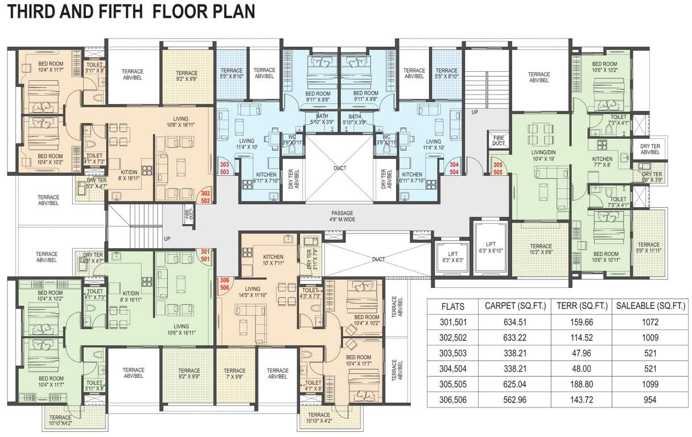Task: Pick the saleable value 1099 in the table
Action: click(x=650, y=384)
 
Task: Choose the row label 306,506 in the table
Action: click(x=453, y=400)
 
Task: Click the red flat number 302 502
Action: click(x=205, y=197)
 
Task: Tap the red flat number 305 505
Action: click(x=497, y=168)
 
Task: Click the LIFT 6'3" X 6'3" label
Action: click(x=449, y=257)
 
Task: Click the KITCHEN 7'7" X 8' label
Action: click(x=602, y=162)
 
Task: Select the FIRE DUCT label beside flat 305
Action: click(x=499, y=140)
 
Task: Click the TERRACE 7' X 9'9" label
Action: click(x=234, y=373)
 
